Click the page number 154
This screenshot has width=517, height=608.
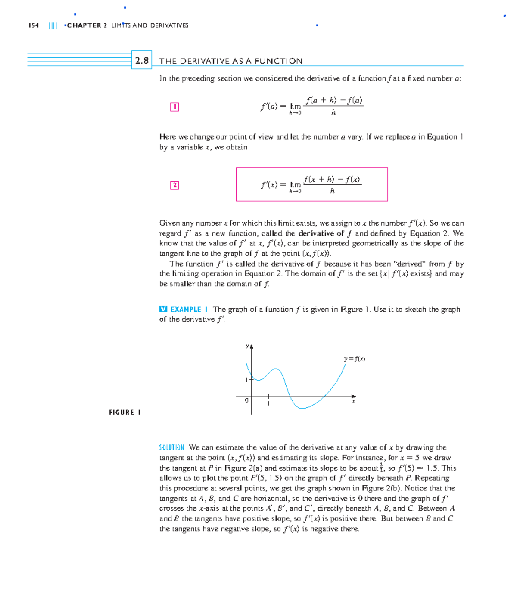34,25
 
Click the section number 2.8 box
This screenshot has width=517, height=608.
142,61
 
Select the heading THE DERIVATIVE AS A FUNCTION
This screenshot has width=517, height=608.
231,61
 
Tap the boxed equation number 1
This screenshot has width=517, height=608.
174,107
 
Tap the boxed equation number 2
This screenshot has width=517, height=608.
174,185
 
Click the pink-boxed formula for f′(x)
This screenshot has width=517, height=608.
311,184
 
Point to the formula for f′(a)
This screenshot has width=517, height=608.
311,106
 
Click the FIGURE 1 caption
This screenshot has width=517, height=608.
125,413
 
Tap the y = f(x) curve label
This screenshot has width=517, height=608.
354,359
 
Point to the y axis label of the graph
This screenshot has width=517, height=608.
247,346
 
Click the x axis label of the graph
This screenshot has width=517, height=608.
354,402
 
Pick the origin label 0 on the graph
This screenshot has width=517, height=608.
246,400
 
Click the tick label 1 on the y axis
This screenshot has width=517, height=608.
246,380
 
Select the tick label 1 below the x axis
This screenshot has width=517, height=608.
268,403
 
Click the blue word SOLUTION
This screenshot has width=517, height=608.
171,447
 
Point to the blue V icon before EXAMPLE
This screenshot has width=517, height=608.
163,309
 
